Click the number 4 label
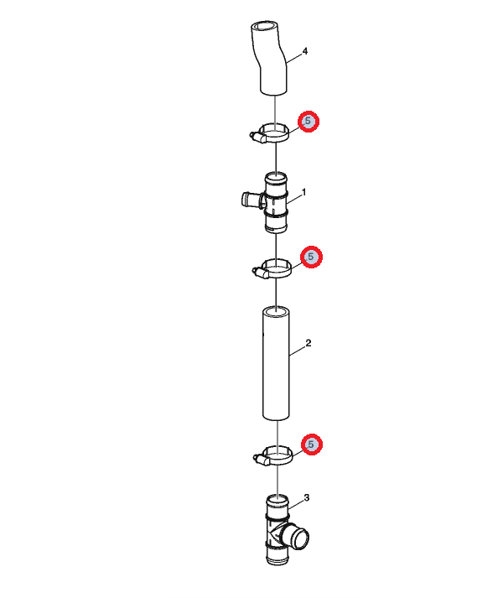[304, 51]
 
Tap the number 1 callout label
[303, 193]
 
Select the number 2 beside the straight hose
[309, 343]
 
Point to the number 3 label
[307, 497]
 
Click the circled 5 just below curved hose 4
[309, 122]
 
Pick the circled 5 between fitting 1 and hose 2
[311, 257]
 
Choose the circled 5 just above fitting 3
[312, 445]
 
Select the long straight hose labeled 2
[276, 363]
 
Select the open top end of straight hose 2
[276, 311]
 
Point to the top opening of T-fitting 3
[277, 499]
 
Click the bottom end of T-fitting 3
[277, 560]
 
